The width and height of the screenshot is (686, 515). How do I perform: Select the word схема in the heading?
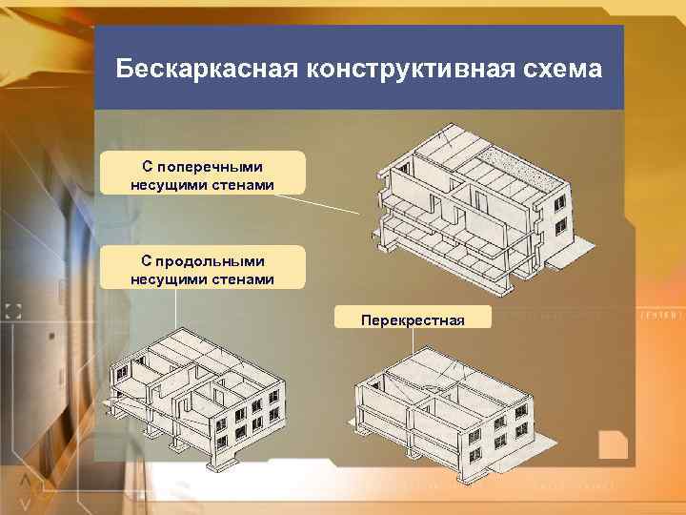pyautogui.click(x=563, y=70)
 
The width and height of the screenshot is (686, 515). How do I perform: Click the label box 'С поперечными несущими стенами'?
pyautogui.click(x=202, y=172)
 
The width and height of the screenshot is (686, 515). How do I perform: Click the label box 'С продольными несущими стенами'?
pyautogui.click(x=202, y=268)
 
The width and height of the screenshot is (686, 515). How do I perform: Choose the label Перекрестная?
pyautogui.click(x=413, y=318)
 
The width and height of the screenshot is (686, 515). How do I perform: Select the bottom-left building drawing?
pyautogui.click(x=200, y=401)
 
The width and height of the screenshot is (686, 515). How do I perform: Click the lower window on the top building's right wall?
pyautogui.click(x=561, y=226)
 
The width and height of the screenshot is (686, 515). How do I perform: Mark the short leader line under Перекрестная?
pyautogui.click(x=412, y=339)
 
